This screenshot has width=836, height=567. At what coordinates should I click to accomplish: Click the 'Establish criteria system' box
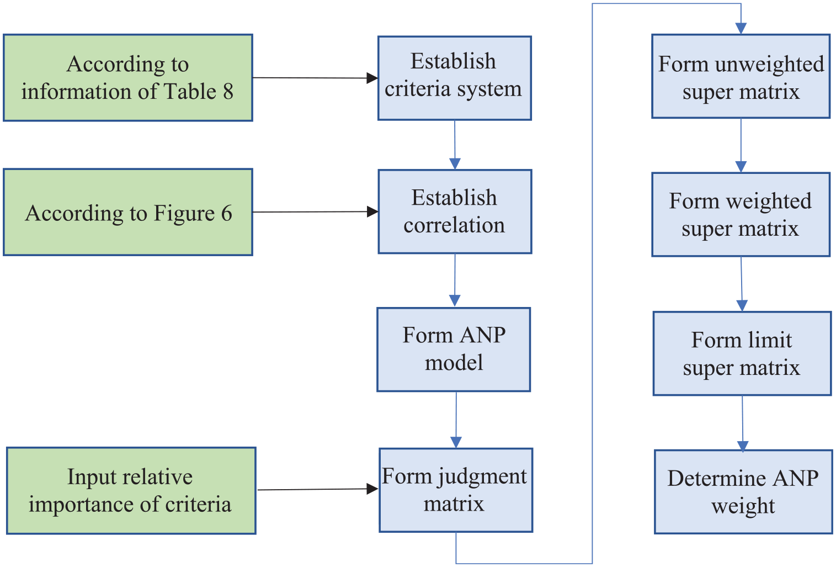(x=455, y=78)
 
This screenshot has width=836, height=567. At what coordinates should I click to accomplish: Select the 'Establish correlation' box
(x=455, y=212)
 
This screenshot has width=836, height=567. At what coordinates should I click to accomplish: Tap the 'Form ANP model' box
(x=454, y=349)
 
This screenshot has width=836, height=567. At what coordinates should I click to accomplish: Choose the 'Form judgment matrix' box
(x=456, y=490)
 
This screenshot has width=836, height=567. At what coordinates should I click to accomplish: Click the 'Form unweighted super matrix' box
(x=741, y=77)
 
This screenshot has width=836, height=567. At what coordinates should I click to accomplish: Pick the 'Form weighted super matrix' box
(x=741, y=214)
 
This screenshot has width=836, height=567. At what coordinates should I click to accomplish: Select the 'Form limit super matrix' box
(x=742, y=353)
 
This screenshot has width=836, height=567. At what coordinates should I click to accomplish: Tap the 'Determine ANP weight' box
(x=743, y=492)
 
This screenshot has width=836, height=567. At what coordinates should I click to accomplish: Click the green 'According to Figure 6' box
(x=128, y=212)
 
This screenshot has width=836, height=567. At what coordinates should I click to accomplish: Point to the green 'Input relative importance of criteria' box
(x=131, y=491)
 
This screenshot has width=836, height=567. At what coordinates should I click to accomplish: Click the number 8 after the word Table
(x=228, y=92)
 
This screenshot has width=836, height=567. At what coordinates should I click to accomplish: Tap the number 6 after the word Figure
(x=227, y=213)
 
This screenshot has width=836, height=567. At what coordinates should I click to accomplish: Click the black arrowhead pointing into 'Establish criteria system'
(x=372, y=78)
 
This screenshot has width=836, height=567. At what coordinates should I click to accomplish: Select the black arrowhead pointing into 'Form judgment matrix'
(x=372, y=489)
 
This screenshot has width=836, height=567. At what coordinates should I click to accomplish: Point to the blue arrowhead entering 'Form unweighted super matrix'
(x=741, y=28)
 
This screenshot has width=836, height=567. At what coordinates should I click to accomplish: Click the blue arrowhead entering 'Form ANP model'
(x=455, y=301)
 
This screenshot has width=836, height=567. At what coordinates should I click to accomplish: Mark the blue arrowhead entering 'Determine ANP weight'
(x=743, y=446)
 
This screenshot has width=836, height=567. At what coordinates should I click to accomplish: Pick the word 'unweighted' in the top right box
(x=770, y=65)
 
